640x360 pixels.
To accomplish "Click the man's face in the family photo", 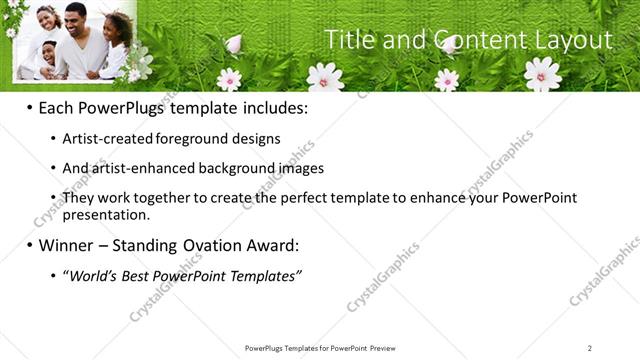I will click(x=76, y=17).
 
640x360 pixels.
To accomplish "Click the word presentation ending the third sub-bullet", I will click(x=105, y=214).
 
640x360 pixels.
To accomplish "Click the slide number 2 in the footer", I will click(x=589, y=348).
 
